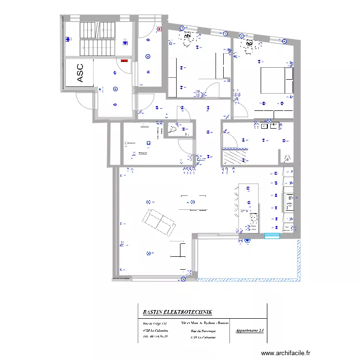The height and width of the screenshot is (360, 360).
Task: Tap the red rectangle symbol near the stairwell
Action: tap(125, 61)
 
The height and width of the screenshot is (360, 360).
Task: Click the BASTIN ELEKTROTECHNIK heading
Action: tap(177, 312)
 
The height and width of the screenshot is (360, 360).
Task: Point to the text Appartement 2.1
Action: tap(250, 331)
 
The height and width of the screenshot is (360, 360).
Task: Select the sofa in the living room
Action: tap(158, 222)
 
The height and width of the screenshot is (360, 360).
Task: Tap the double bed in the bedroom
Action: tap(276, 80)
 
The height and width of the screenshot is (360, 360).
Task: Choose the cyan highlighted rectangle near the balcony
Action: tap(272, 236)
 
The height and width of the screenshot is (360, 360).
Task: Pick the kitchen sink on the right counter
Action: tap(290, 202)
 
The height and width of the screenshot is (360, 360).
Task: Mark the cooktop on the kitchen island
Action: tap(251, 220)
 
